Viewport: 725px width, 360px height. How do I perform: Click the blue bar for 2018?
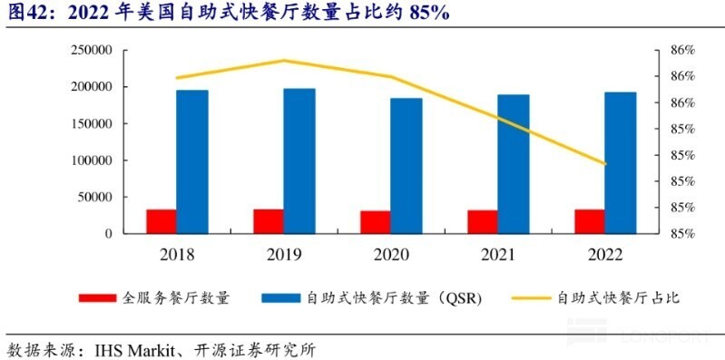(192, 161)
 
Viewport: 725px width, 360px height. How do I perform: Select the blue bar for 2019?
(299, 161)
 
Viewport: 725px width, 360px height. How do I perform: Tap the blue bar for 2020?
(407, 165)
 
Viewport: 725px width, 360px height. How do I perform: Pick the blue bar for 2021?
(514, 163)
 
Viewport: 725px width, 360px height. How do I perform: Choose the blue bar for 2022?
(621, 162)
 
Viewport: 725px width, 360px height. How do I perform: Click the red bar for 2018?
(162, 221)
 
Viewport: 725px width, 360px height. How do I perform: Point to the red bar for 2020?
(376, 222)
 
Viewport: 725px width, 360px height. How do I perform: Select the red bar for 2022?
(590, 221)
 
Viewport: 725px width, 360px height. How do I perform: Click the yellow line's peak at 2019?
(284, 61)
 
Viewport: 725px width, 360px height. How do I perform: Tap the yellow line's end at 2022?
(605, 164)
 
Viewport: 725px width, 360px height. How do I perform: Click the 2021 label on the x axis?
(498, 255)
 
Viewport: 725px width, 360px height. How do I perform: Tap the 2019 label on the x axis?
(284, 255)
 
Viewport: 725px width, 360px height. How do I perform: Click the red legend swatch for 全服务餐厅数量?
(97, 297)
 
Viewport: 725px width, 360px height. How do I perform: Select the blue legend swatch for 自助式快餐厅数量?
(281, 297)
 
